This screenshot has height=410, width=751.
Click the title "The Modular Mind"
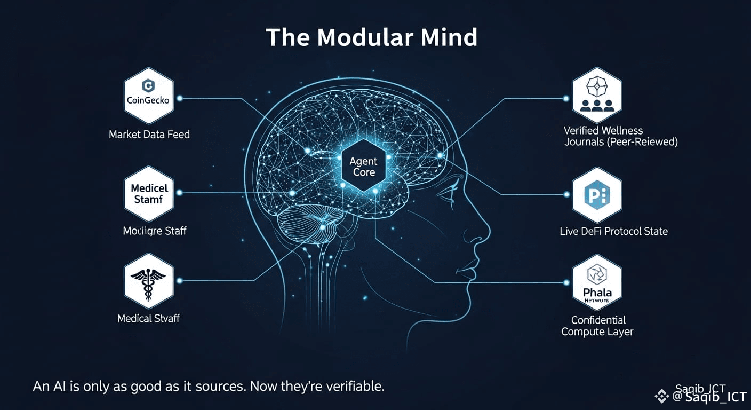[371, 37]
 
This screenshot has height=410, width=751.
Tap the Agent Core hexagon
[363, 166]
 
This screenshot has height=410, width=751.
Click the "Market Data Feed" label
[149, 135]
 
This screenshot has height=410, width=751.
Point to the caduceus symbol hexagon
[148, 281]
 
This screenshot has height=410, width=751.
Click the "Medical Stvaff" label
[148, 318]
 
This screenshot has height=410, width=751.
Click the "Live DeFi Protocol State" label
[613, 231]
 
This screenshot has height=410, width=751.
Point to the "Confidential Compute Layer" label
[598, 326]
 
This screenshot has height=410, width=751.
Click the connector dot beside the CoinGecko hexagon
[179, 98]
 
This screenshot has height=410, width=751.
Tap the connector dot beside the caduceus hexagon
[179, 280]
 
